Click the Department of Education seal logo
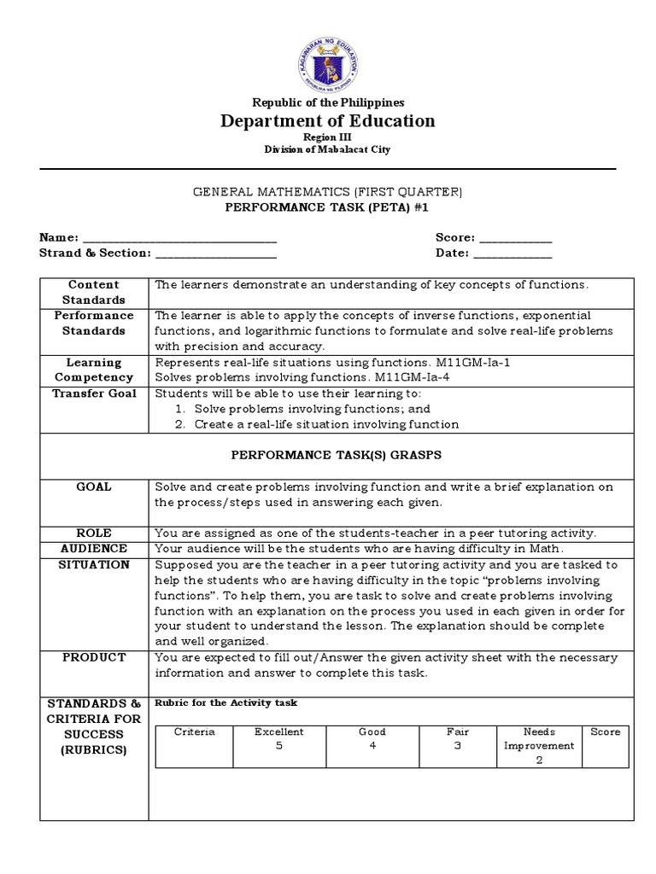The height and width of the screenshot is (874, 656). pos(328,61)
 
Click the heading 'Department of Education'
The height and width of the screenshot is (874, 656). pos(328,121)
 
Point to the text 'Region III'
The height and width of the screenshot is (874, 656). pos(328,137)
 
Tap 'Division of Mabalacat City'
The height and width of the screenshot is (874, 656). pos(328,150)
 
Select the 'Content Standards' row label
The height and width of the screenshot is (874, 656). pos(94,292)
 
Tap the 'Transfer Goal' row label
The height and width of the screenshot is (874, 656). pos(94,393)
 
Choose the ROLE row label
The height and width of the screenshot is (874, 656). pos(94,533)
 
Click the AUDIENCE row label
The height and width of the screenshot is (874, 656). pos(94,548)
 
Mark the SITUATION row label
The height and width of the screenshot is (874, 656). pos(94,564)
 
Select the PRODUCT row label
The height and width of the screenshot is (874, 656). pos(94,657)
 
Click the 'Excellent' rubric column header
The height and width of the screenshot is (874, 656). pos(279,732)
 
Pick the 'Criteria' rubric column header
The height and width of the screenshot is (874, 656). pos(195,732)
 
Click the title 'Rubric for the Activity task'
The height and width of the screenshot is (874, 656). pos(225,703)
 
